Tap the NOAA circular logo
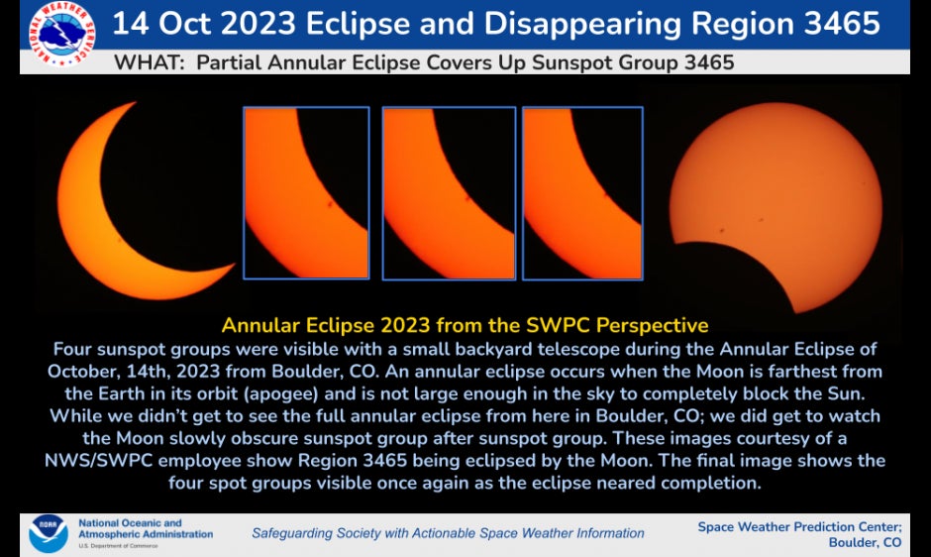(x=48, y=533)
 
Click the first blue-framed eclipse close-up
(x=306, y=193)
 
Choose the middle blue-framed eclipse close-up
(x=449, y=193)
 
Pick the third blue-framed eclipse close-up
(x=582, y=193)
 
